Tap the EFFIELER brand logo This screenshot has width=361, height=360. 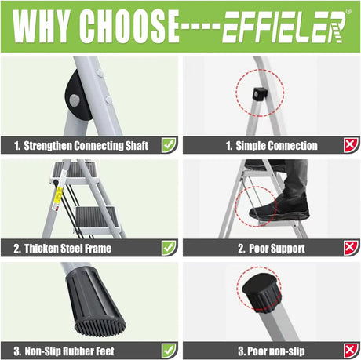click(x=284, y=27)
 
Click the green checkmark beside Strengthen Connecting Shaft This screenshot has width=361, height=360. click(x=169, y=145)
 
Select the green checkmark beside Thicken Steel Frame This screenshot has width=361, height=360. click(x=169, y=248)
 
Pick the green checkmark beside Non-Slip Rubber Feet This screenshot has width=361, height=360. click(x=169, y=351)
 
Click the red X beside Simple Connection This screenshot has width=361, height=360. click(x=351, y=145)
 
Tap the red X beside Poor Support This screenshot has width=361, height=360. click(x=351, y=248)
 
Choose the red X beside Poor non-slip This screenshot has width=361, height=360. click(x=351, y=351)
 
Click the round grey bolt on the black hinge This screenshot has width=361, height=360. click(x=75, y=100)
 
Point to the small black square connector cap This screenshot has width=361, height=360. click(x=260, y=94)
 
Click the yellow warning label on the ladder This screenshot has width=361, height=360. click(x=58, y=195)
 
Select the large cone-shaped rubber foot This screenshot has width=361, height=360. click(x=96, y=304)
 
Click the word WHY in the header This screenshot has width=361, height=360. click(x=41, y=27)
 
